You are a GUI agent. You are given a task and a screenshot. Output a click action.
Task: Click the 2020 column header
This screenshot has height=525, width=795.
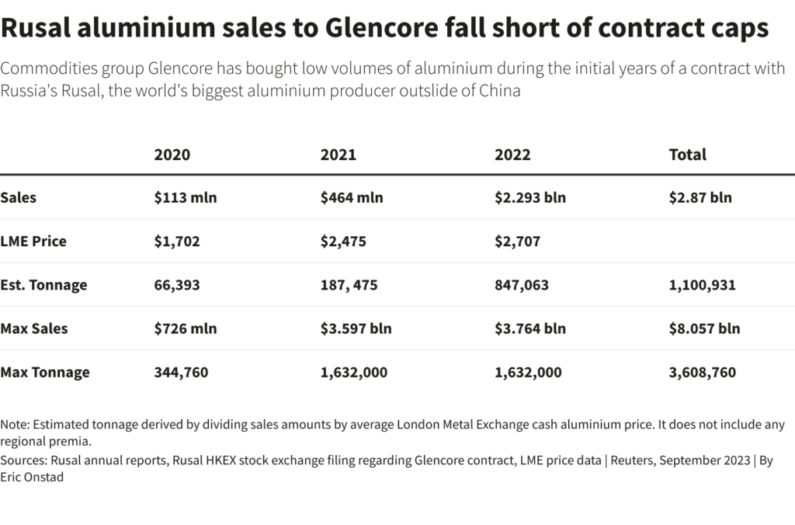coord(172,155)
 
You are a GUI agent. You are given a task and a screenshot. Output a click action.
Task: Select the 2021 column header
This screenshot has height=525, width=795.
coord(338,155)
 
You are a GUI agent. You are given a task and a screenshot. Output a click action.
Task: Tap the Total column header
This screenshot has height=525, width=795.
coord(687,155)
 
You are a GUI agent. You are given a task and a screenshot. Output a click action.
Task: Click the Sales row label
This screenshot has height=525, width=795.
coord(19,197)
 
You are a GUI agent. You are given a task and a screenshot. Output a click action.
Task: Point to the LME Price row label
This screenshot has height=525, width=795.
coord(33,242)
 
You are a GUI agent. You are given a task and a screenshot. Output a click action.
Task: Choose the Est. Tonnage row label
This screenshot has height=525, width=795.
coord(43,285)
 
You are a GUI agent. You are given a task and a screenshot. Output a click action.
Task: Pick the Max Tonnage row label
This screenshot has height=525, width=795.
coord(45,373)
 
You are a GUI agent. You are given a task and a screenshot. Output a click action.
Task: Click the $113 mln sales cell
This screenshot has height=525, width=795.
coord(186,197)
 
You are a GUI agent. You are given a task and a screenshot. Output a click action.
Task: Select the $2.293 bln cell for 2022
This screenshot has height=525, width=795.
coord(529,197)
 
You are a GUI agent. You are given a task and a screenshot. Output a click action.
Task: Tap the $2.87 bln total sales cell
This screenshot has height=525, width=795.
coord(700,197)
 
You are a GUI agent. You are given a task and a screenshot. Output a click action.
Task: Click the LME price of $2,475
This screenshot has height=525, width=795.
coord(343,242)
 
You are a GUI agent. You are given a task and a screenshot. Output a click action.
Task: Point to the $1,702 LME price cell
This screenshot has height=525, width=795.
coord(177,242)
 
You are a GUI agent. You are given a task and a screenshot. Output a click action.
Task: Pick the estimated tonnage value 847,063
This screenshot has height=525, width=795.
coord(521,285)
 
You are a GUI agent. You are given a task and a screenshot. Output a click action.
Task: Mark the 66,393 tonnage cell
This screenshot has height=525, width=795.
coord(177,285)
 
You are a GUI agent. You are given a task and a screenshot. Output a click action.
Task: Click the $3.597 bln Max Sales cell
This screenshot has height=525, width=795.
coord(356,329)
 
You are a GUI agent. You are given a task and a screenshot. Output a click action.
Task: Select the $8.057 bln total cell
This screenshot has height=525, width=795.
coord(704,329)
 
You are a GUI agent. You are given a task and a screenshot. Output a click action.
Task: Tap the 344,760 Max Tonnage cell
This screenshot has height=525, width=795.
coord(181,373)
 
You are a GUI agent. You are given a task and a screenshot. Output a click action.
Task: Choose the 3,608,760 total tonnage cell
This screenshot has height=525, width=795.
coord(702,373)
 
